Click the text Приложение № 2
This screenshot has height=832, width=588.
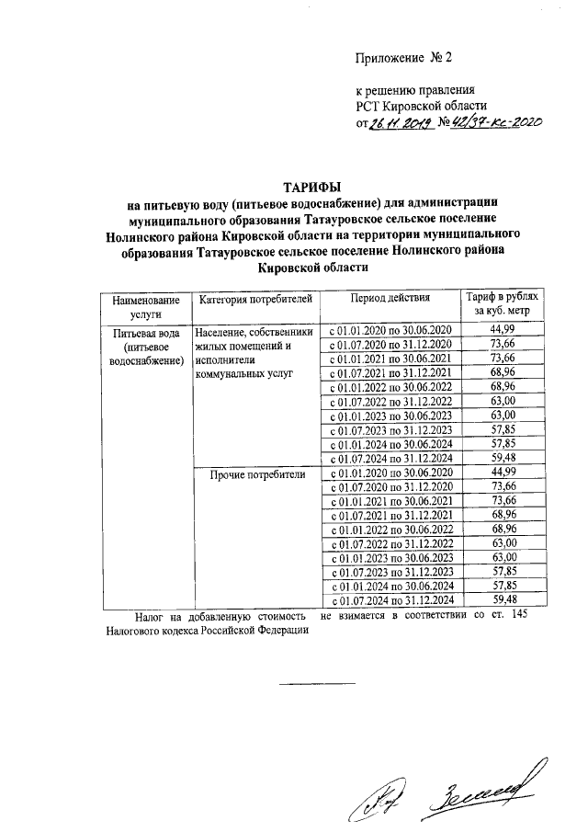pos(404,58)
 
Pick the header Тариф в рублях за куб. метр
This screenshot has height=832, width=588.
pos(504,306)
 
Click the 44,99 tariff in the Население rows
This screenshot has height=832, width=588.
pos(504,329)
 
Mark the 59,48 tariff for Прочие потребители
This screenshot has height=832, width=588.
pos(504,598)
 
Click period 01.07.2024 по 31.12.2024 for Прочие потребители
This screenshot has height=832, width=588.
pos(390,599)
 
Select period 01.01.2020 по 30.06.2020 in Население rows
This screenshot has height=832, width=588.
pos(390,330)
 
